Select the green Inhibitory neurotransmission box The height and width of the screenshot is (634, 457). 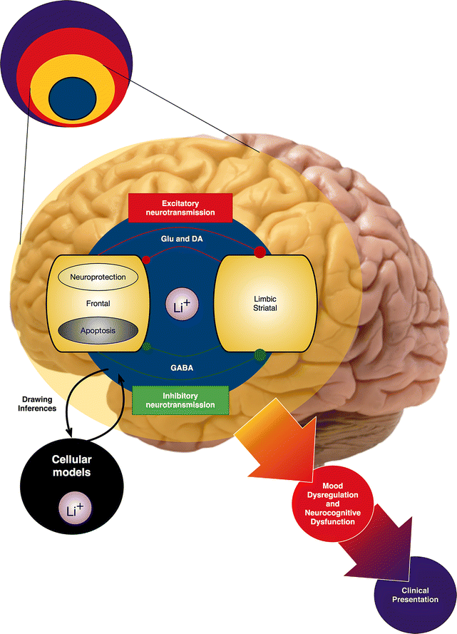click(180, 399)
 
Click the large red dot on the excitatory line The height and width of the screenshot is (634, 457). click(260, 252)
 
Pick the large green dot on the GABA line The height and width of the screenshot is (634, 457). click(260, 353)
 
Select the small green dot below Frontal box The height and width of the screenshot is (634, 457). click(148, 347)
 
